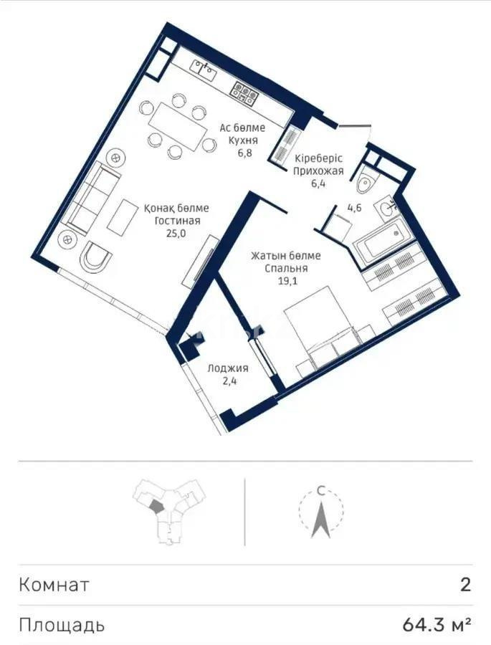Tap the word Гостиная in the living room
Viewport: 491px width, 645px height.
[176, 221]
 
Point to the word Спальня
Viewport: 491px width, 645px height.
[286, 268]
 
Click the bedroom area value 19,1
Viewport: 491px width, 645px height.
[286, 281]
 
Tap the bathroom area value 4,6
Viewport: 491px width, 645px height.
[355, 209]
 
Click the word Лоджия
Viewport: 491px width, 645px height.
[228, 368]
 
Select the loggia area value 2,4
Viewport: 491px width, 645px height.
[228, 381]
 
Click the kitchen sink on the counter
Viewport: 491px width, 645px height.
[204, 69]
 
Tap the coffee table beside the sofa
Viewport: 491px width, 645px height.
[122, 215]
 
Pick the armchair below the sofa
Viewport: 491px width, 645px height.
[94, 257]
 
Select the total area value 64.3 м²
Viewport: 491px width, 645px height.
[437, 625]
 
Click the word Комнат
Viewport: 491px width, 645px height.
[54, 585]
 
